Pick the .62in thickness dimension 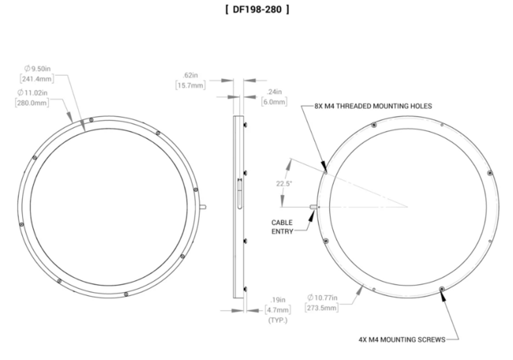pyautogui.click(x=191, y=75)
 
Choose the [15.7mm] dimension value pyautogui.click(x=190, y=84)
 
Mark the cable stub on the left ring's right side pyautogui.click(x=204, y=208)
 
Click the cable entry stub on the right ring pyautogui.click(x=314, y=208)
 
